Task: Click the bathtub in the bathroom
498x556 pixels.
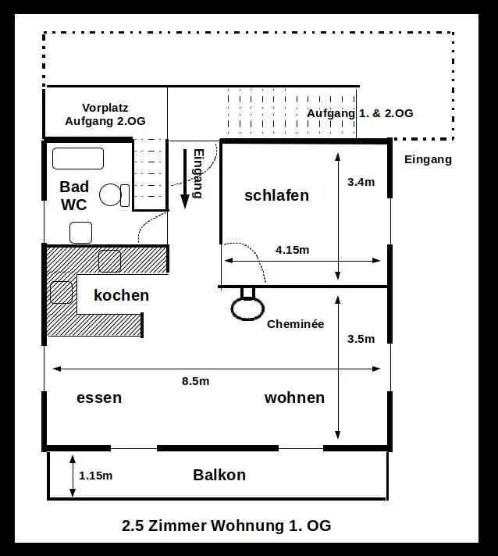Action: (x=78, y=159)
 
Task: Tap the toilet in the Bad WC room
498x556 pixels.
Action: (x=114, y=195)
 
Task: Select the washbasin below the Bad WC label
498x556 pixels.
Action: (x=81, y=233)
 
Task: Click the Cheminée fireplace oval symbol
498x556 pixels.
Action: (x=247, y=308)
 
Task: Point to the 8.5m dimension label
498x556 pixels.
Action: (x=196, y=381)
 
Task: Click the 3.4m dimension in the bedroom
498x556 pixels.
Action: (x=361, y=182)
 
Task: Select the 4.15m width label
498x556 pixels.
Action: (x=293, y=250)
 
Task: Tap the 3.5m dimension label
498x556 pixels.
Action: (x=361, y=339)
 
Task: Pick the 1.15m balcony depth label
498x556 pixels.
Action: (x=96, y=476)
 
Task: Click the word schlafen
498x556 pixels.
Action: (x=277, y=195)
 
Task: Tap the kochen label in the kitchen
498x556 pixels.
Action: (x=122, y=295)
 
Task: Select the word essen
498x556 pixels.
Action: (x=99, y=397)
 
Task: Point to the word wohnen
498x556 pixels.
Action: (x=294, y=397)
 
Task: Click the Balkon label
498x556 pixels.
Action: (x=219, y=475)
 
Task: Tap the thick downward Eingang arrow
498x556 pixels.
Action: (x=185, y=179)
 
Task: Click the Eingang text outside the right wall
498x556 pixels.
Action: (x=429, y=160)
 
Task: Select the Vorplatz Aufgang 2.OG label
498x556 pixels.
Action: (x=105, y=114)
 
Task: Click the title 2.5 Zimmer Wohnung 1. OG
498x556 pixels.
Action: (x=226, y=526)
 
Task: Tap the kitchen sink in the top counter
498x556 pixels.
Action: (x=109, y=261)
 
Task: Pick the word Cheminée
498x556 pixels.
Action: (x=296, y=324)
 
